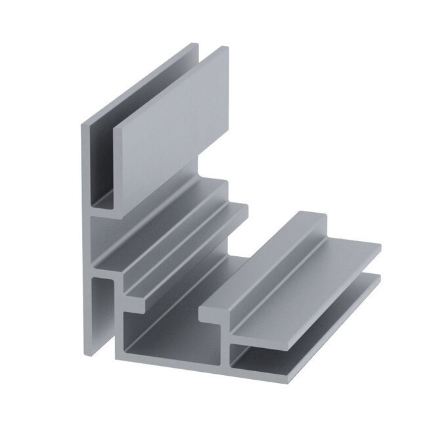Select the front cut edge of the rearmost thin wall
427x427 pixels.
84,164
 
